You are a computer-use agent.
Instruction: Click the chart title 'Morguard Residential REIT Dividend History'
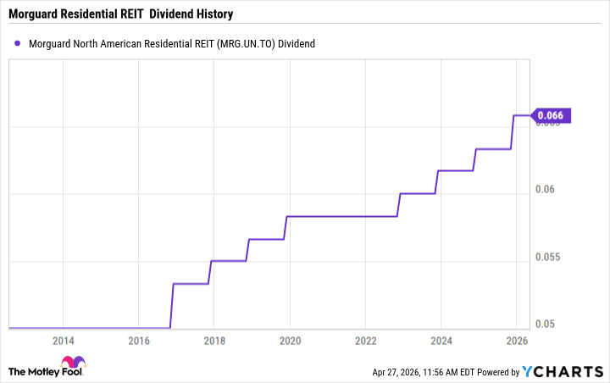tap(120, 14)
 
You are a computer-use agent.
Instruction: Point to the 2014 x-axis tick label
tap(63, 341)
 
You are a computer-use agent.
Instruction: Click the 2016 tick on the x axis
tap(138, 341)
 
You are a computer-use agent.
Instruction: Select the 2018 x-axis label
tap(214, 341)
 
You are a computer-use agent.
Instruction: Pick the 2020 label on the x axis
tap(290, 341)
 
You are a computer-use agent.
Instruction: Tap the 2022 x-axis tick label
tap(365, 341)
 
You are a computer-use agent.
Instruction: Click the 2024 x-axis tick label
tap(441, 341)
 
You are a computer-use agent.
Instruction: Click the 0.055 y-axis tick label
tap(550, 257)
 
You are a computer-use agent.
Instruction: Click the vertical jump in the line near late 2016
tap(172, 305)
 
